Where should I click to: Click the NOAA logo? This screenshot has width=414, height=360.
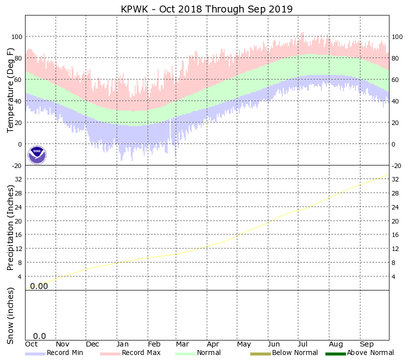[37, 154]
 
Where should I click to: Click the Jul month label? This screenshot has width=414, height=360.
[303, 344]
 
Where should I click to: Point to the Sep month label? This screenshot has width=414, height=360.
[366, 344]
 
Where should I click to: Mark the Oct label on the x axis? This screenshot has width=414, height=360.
[32, 344]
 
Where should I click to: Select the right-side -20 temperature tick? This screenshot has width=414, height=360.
[397, 166]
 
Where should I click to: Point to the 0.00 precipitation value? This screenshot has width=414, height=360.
[39, 286]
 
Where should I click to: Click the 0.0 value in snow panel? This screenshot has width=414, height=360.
[40, 336]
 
